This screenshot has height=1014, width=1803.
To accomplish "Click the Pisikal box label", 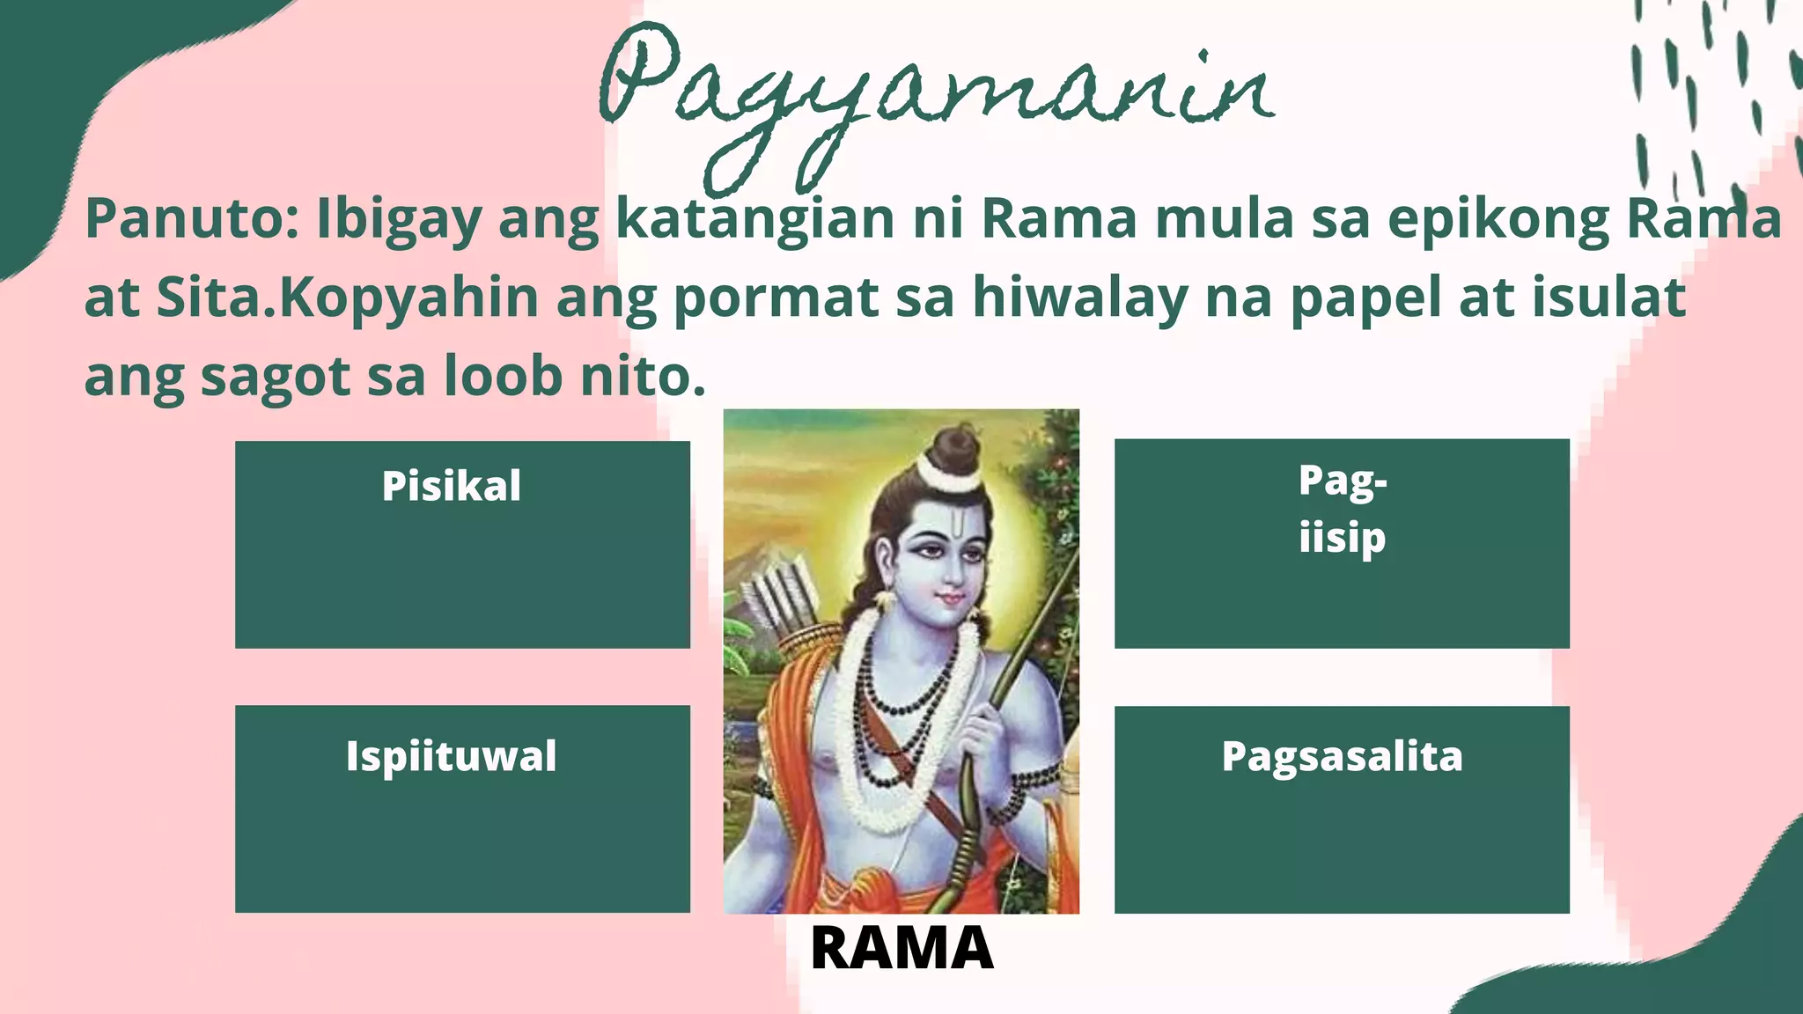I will coord(452,486).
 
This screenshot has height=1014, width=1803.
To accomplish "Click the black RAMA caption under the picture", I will coord(901,949).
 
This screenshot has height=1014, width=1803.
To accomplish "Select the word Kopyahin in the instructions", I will coord(408,298).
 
